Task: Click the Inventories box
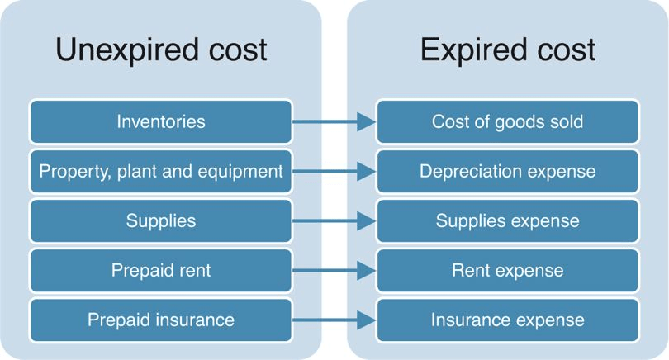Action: [161, 121]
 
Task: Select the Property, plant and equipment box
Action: [161, 171]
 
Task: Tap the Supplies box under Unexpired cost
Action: [161, 220]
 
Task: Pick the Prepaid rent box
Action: [161, 271]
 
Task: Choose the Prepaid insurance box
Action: [161, 320]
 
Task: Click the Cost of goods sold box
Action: [507, 121]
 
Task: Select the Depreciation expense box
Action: [507, 171]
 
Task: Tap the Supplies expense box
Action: [507, 220]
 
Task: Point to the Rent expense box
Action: [507, 271]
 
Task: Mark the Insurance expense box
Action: [507, 320]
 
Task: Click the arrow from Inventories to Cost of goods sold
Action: [334, 122]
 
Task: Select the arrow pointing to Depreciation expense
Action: [334, 172]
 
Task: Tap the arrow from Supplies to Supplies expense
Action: [334, 221]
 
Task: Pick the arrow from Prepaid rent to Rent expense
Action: [334, 271]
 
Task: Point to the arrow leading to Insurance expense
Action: [334, 320]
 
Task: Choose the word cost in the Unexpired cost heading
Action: [238, 50]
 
